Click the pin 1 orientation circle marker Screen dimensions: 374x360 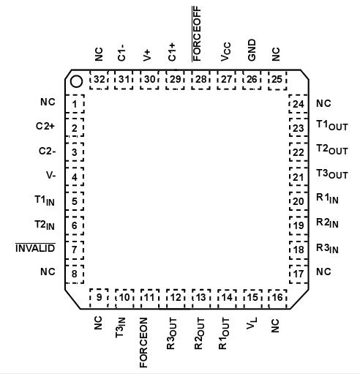coord(75,82)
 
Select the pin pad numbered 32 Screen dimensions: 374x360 coord(99,79)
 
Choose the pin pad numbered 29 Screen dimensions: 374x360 coord(175,79)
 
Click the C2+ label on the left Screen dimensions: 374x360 coord(45,127)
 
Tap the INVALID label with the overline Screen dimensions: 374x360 coord(36,249)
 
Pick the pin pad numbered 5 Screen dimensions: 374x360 coord(75,201)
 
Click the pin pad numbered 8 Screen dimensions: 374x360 coord(75,275)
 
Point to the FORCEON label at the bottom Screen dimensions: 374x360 coord(145,342)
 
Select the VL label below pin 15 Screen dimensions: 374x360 coord(251,323)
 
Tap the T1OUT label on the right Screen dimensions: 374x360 coord(332,127)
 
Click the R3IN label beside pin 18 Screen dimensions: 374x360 coord(327,249)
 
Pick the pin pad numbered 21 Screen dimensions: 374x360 coord(298,176)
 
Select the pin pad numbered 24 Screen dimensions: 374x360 coord(298,103)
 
